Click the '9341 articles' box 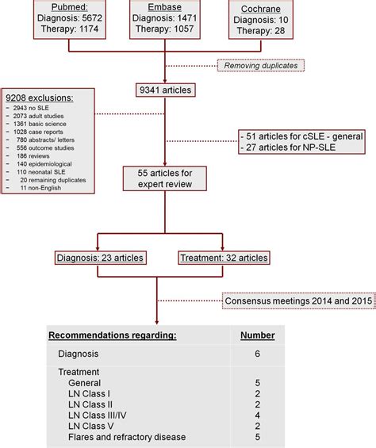(165, 90)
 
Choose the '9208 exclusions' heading (39, 97)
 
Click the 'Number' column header (257, 335)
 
